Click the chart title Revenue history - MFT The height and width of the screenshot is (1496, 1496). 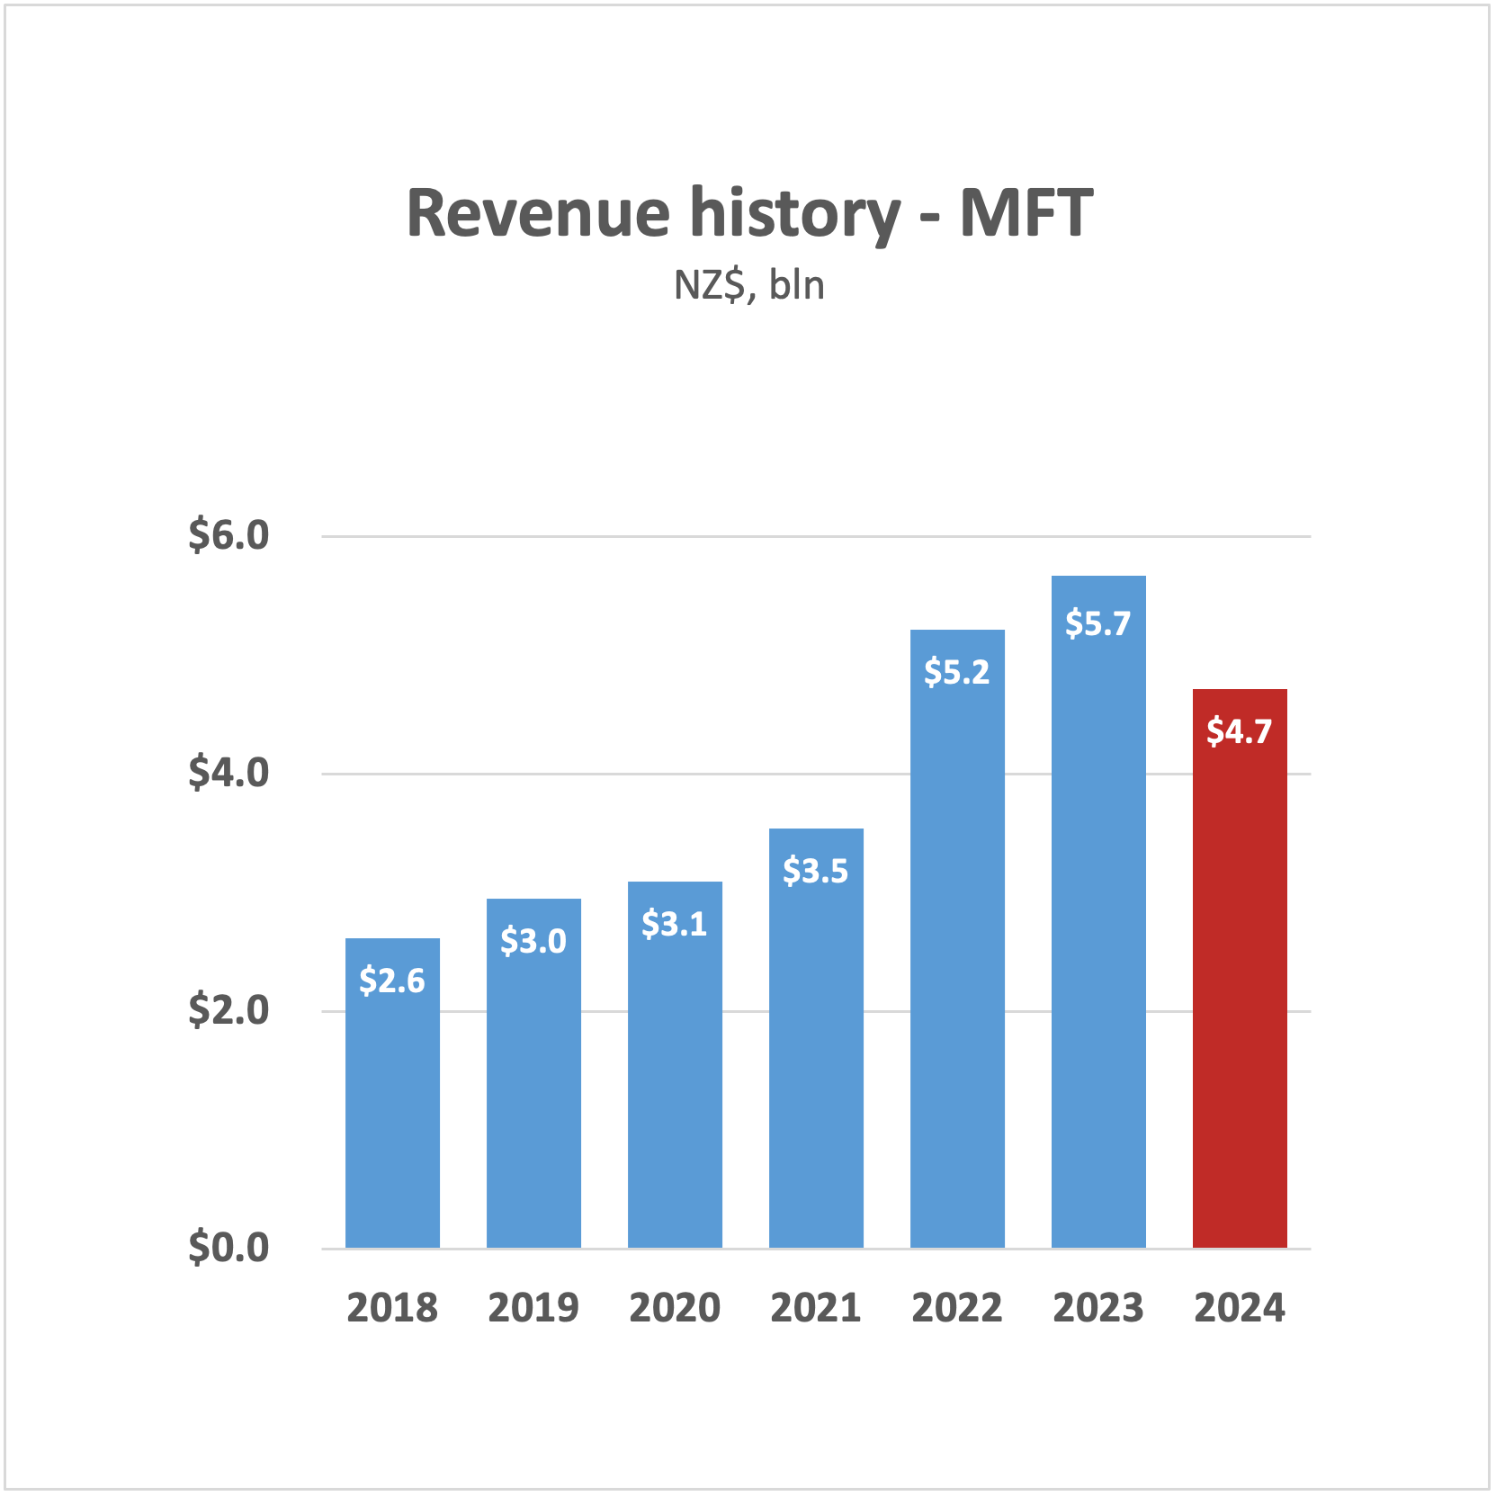click(x=748, y=214)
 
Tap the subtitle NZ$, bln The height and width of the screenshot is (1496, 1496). click(x=748, y=286)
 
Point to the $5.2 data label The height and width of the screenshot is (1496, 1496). click(x=956, y=672)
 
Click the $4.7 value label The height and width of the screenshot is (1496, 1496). click(x=1239, y=731)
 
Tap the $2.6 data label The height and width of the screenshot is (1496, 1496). click(x=392, y=981)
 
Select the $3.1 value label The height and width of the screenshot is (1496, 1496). click(x=675, y=924)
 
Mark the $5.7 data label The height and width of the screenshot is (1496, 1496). click(x=1097, y=623)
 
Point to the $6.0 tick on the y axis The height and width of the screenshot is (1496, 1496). click(x=228, y=535)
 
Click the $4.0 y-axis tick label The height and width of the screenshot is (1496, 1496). click(x=228, y=773)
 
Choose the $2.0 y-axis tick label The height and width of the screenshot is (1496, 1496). click(x=228, y=1010)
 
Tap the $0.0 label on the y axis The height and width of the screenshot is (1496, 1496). click(x=228, y=1248)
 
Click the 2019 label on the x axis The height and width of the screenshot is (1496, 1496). click(x=533, y=1308)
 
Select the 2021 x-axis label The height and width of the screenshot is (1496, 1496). click(x=816, y=1308)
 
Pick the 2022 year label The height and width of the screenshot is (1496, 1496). click(x=956, y=1308)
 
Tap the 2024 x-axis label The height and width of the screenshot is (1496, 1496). click(x=1239, y=1308)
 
